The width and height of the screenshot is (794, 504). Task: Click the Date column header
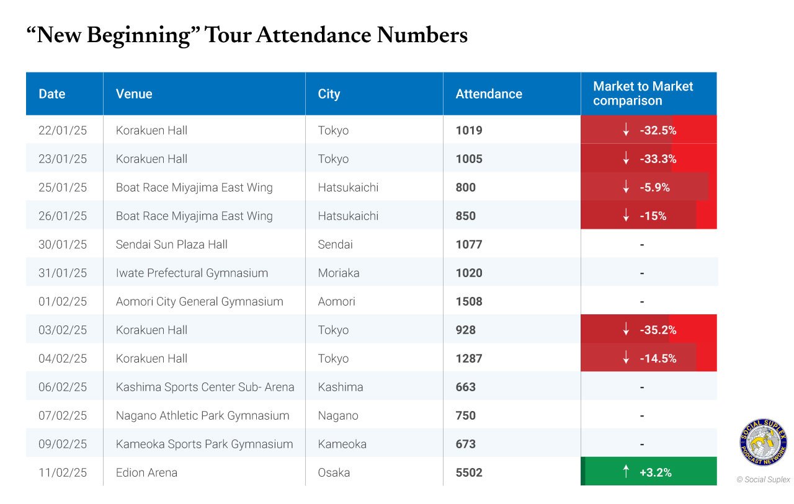click(x=51, y=94)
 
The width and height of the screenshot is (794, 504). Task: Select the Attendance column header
click(x=489, y=94)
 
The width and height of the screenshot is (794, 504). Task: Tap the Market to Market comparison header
click(x=643, y=94)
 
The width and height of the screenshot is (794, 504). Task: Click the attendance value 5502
click(x=469, y=472)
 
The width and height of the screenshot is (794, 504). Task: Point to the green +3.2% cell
click(x=649, y=471)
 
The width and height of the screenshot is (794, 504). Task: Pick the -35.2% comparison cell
click(x=649, y=329)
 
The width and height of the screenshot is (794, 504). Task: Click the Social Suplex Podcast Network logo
click(x=763, y=443)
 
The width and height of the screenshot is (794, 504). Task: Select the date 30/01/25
click(x=63, y=244)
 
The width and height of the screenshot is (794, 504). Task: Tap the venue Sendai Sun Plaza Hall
click(x=172, y=244)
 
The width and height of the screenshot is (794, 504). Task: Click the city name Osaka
click(x=334, y=472)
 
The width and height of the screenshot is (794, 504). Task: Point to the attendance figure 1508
click(x=469, y=301)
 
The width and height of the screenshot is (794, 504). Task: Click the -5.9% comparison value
click(x=654, y=187)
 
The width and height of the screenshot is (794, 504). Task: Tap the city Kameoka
click(x=342, y=444)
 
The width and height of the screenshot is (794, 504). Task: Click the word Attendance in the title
click(x=313, y=35)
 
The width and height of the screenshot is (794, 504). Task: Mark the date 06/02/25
click(x=63, y=387)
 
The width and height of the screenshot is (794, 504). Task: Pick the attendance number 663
click(x=466, y=387)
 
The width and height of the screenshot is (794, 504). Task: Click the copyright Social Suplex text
click(x=763, y=480)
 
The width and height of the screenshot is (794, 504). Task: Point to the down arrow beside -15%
click(x=626, y=215)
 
